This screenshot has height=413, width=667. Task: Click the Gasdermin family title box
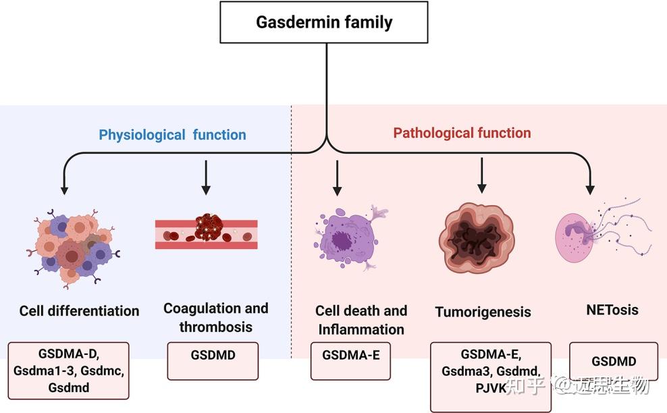(324, 23)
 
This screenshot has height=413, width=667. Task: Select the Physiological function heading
(172, 135)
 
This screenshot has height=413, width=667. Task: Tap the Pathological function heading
(462, 133)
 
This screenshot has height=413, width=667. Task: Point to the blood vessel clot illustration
(206, 233)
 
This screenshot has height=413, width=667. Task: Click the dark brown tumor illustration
(481, 240)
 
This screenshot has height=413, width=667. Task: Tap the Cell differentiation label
(79, 311)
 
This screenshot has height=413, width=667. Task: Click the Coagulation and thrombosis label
(215, 318)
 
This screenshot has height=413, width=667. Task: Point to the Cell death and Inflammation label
(361, 321)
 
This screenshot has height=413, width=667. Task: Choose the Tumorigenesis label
(483, 312)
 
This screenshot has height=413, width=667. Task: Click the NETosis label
(612, 310)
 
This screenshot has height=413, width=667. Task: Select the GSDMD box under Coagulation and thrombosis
(213, 355)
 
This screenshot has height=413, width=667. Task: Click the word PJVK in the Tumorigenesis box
(491, 389)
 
